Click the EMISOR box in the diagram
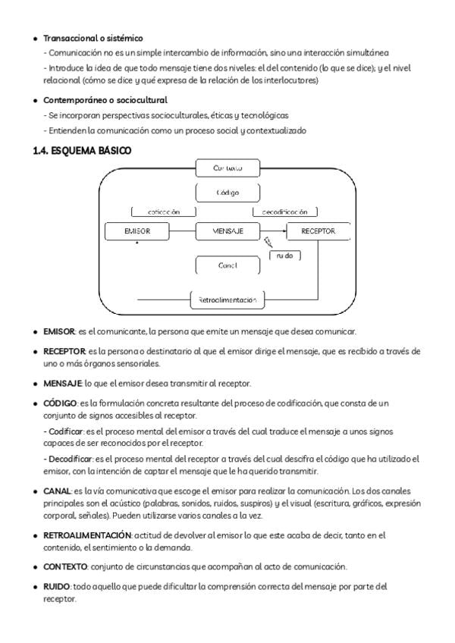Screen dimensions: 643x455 (x=136, y=231)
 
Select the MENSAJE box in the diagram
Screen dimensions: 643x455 (x=228, y=231)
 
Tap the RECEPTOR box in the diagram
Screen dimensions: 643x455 (x=318, y=231)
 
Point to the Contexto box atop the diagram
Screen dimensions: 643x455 (x=228, y=168)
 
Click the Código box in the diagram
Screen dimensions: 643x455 (x=228, y=193)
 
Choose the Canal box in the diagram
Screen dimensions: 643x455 (x=228, y=266)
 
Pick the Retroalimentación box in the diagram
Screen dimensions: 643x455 (x=227, y=300)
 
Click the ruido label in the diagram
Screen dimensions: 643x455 (x=285, y=256)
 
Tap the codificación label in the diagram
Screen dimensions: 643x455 (x=164, y=212)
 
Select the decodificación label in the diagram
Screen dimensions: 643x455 (x=285, y=212)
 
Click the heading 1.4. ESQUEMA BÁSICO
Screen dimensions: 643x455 (x=82, y=151)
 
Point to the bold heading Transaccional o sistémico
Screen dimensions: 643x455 (x=93, y=38)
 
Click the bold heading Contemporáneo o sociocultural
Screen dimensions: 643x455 (x=105, y=100)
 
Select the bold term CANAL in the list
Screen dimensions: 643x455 (x=57, y=491)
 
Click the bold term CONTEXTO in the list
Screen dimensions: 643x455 (x=65, y=566)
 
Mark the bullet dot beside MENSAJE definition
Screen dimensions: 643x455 (x=36, y=383)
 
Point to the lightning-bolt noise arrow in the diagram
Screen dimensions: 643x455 (x=268, y=243)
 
